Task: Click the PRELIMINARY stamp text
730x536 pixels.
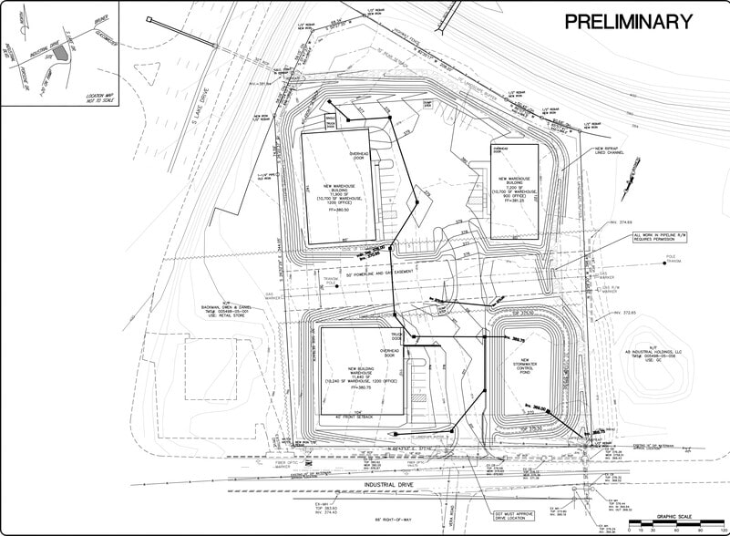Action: click(x=629, y=22)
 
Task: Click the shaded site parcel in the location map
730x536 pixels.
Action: click(x=60, y=53)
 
